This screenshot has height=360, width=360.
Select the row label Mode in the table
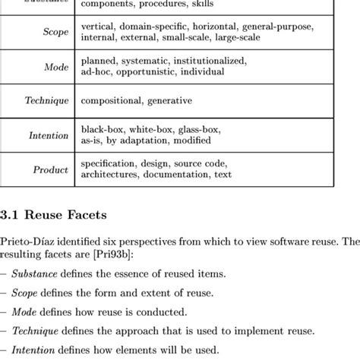(56, 66)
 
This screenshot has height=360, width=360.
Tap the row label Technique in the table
(46, 100)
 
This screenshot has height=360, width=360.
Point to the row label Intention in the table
(49, 135)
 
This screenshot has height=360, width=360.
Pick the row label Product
(51, 169)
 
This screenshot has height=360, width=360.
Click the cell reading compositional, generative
(136, 100)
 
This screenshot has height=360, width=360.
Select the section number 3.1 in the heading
(12, 215)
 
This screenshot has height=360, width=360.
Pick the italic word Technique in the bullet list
(38, 331)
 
